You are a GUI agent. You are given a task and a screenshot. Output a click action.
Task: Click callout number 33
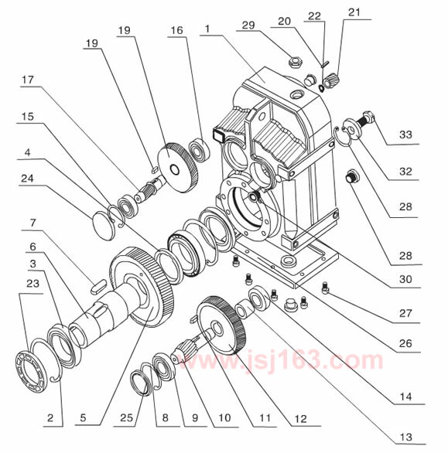tap(405, 135)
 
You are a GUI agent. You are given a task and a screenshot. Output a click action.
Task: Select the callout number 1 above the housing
tap(207, 29)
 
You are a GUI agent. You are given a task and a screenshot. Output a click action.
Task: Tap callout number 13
tap(405, 437)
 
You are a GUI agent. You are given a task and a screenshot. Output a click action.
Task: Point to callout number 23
tap(32, 284)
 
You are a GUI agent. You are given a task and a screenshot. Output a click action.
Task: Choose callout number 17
tap(28, 80)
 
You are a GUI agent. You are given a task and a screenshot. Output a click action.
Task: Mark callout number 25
tap(126, 417)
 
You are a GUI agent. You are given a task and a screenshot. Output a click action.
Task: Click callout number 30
tap(405, 279)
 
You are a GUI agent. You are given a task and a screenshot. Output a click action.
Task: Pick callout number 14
tap(405, 397)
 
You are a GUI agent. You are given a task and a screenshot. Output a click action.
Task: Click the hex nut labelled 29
tap(295, 62)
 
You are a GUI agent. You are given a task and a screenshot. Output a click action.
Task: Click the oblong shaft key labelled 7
tap(98, 286)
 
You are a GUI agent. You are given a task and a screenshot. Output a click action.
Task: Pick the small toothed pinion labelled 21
tap(329, 81)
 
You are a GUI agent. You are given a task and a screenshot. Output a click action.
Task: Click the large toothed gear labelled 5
tap(142, 287)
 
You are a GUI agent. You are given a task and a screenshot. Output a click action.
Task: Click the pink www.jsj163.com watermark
tap(280, 360)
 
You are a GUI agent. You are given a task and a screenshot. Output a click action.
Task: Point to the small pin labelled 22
tap(324, 63)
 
